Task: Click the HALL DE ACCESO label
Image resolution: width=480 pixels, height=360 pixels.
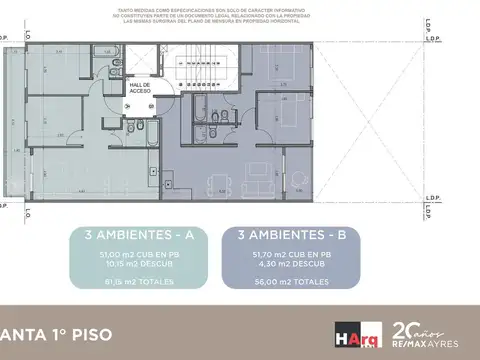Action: point(139,88)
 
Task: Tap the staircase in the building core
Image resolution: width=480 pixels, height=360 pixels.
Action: point(191,65)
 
